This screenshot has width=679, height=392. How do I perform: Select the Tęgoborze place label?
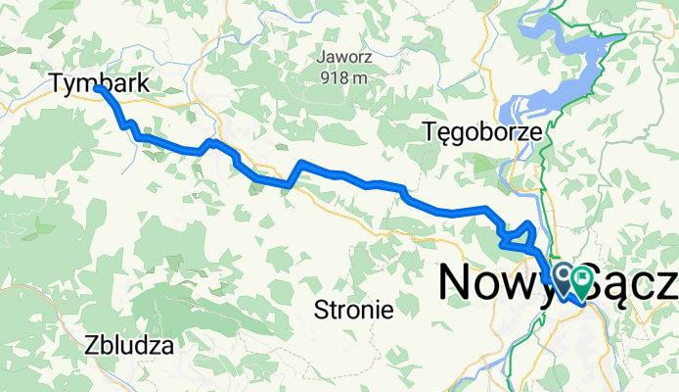[x=480, y=130]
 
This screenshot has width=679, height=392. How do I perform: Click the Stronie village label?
[x=353, y=312]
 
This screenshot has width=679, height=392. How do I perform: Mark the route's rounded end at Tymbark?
[x=99, y=88]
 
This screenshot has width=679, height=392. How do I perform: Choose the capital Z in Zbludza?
[x=92, y=345]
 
